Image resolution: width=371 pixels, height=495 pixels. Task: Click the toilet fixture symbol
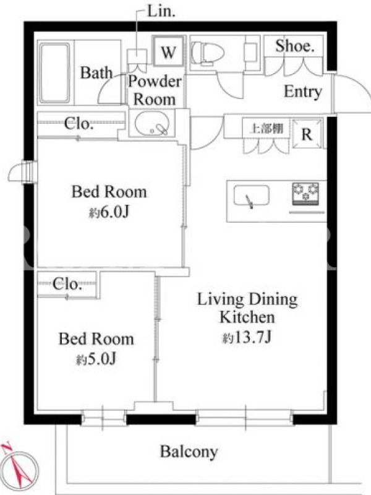[x=207, y=53]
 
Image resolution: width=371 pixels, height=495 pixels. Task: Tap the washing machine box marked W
[x=168, y=51]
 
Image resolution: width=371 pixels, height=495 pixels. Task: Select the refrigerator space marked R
[x=307, y=134]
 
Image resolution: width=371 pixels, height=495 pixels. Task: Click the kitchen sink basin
[x=252, y=196]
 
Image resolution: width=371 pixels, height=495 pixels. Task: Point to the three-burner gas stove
[x=305, y=194]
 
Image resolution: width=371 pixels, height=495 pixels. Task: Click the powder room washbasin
[x=151, y=123]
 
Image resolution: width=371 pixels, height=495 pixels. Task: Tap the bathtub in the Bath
[x=54, y=73]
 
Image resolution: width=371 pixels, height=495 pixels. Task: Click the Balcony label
[x=189, y=452]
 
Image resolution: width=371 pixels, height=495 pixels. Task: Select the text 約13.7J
[x=247, y=338]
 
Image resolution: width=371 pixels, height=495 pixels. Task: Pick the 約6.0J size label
[x=109, y=212]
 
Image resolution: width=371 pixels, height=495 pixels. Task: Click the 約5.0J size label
[x=96, y=359]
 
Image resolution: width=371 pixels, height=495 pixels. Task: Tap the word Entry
[x=303, y=92]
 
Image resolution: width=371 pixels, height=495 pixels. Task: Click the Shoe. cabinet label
[x=295, y=46]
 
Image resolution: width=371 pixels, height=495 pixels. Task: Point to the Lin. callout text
[x=161, y=12]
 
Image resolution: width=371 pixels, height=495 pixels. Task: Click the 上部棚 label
[x=267, y=129]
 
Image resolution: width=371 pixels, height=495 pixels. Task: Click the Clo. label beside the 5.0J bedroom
[x=67, y=284]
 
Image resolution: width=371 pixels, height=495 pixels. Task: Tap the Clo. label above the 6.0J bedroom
[x=79, y=123]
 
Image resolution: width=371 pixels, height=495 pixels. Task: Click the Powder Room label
[x=155, y=90]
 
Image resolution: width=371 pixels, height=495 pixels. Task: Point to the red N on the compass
[x=6, y=447]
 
